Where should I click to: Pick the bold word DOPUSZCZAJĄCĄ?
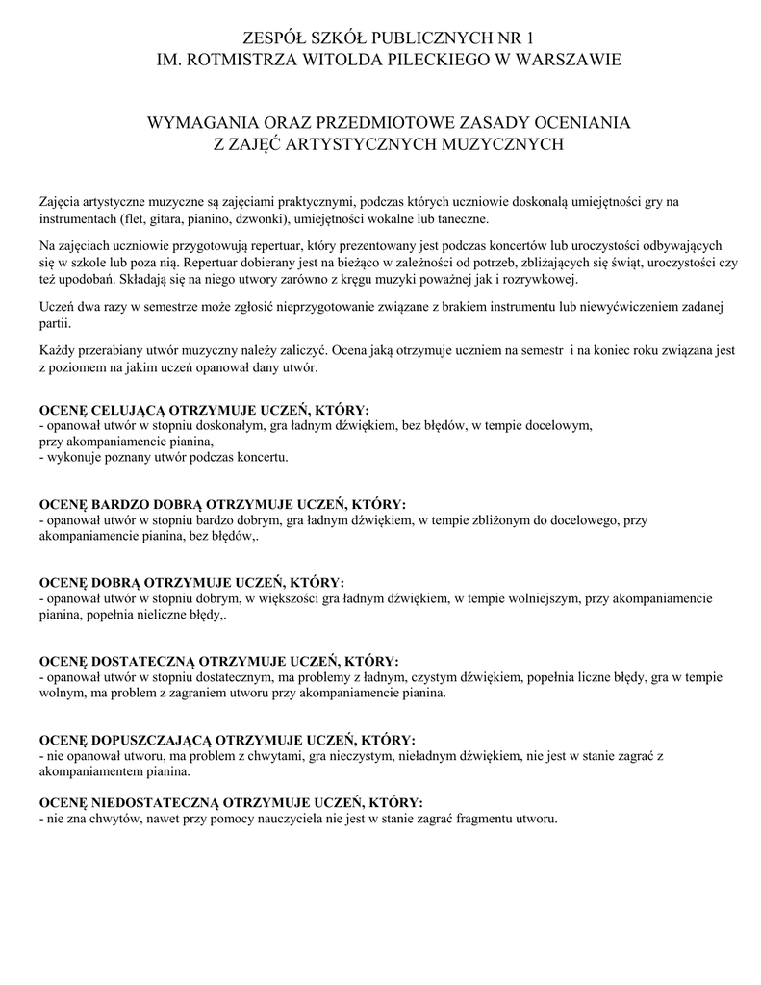(150, 740)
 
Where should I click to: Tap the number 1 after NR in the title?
(528, 38)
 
